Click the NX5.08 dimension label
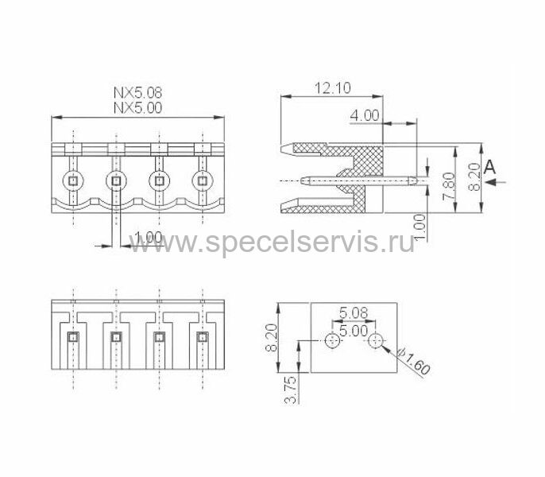pyautogui.click(x=138, y=92)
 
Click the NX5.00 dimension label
pyautogui.click(x=138, y=107)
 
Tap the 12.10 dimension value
pyautogui.click(x=333, y=88)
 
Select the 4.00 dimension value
pyautogui.click(x=364, y=115)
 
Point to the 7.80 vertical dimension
pyautogui.click(x=449, y=187)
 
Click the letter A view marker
pyautogui.click(x=489, y=168)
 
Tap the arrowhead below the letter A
pyautogui.click(x=492, y=182)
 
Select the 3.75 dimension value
pyautogui.click(x=291, y=390)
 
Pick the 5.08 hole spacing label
pyautogui.click(x=354, y=312)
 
